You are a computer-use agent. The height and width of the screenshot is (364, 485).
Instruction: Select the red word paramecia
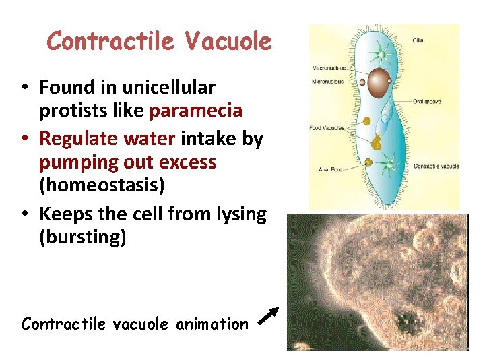tap(195, 109)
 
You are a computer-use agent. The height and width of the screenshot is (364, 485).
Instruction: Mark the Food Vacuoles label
tap(327, 128)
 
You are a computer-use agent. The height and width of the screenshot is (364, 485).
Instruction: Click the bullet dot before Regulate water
tap(24, 139)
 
